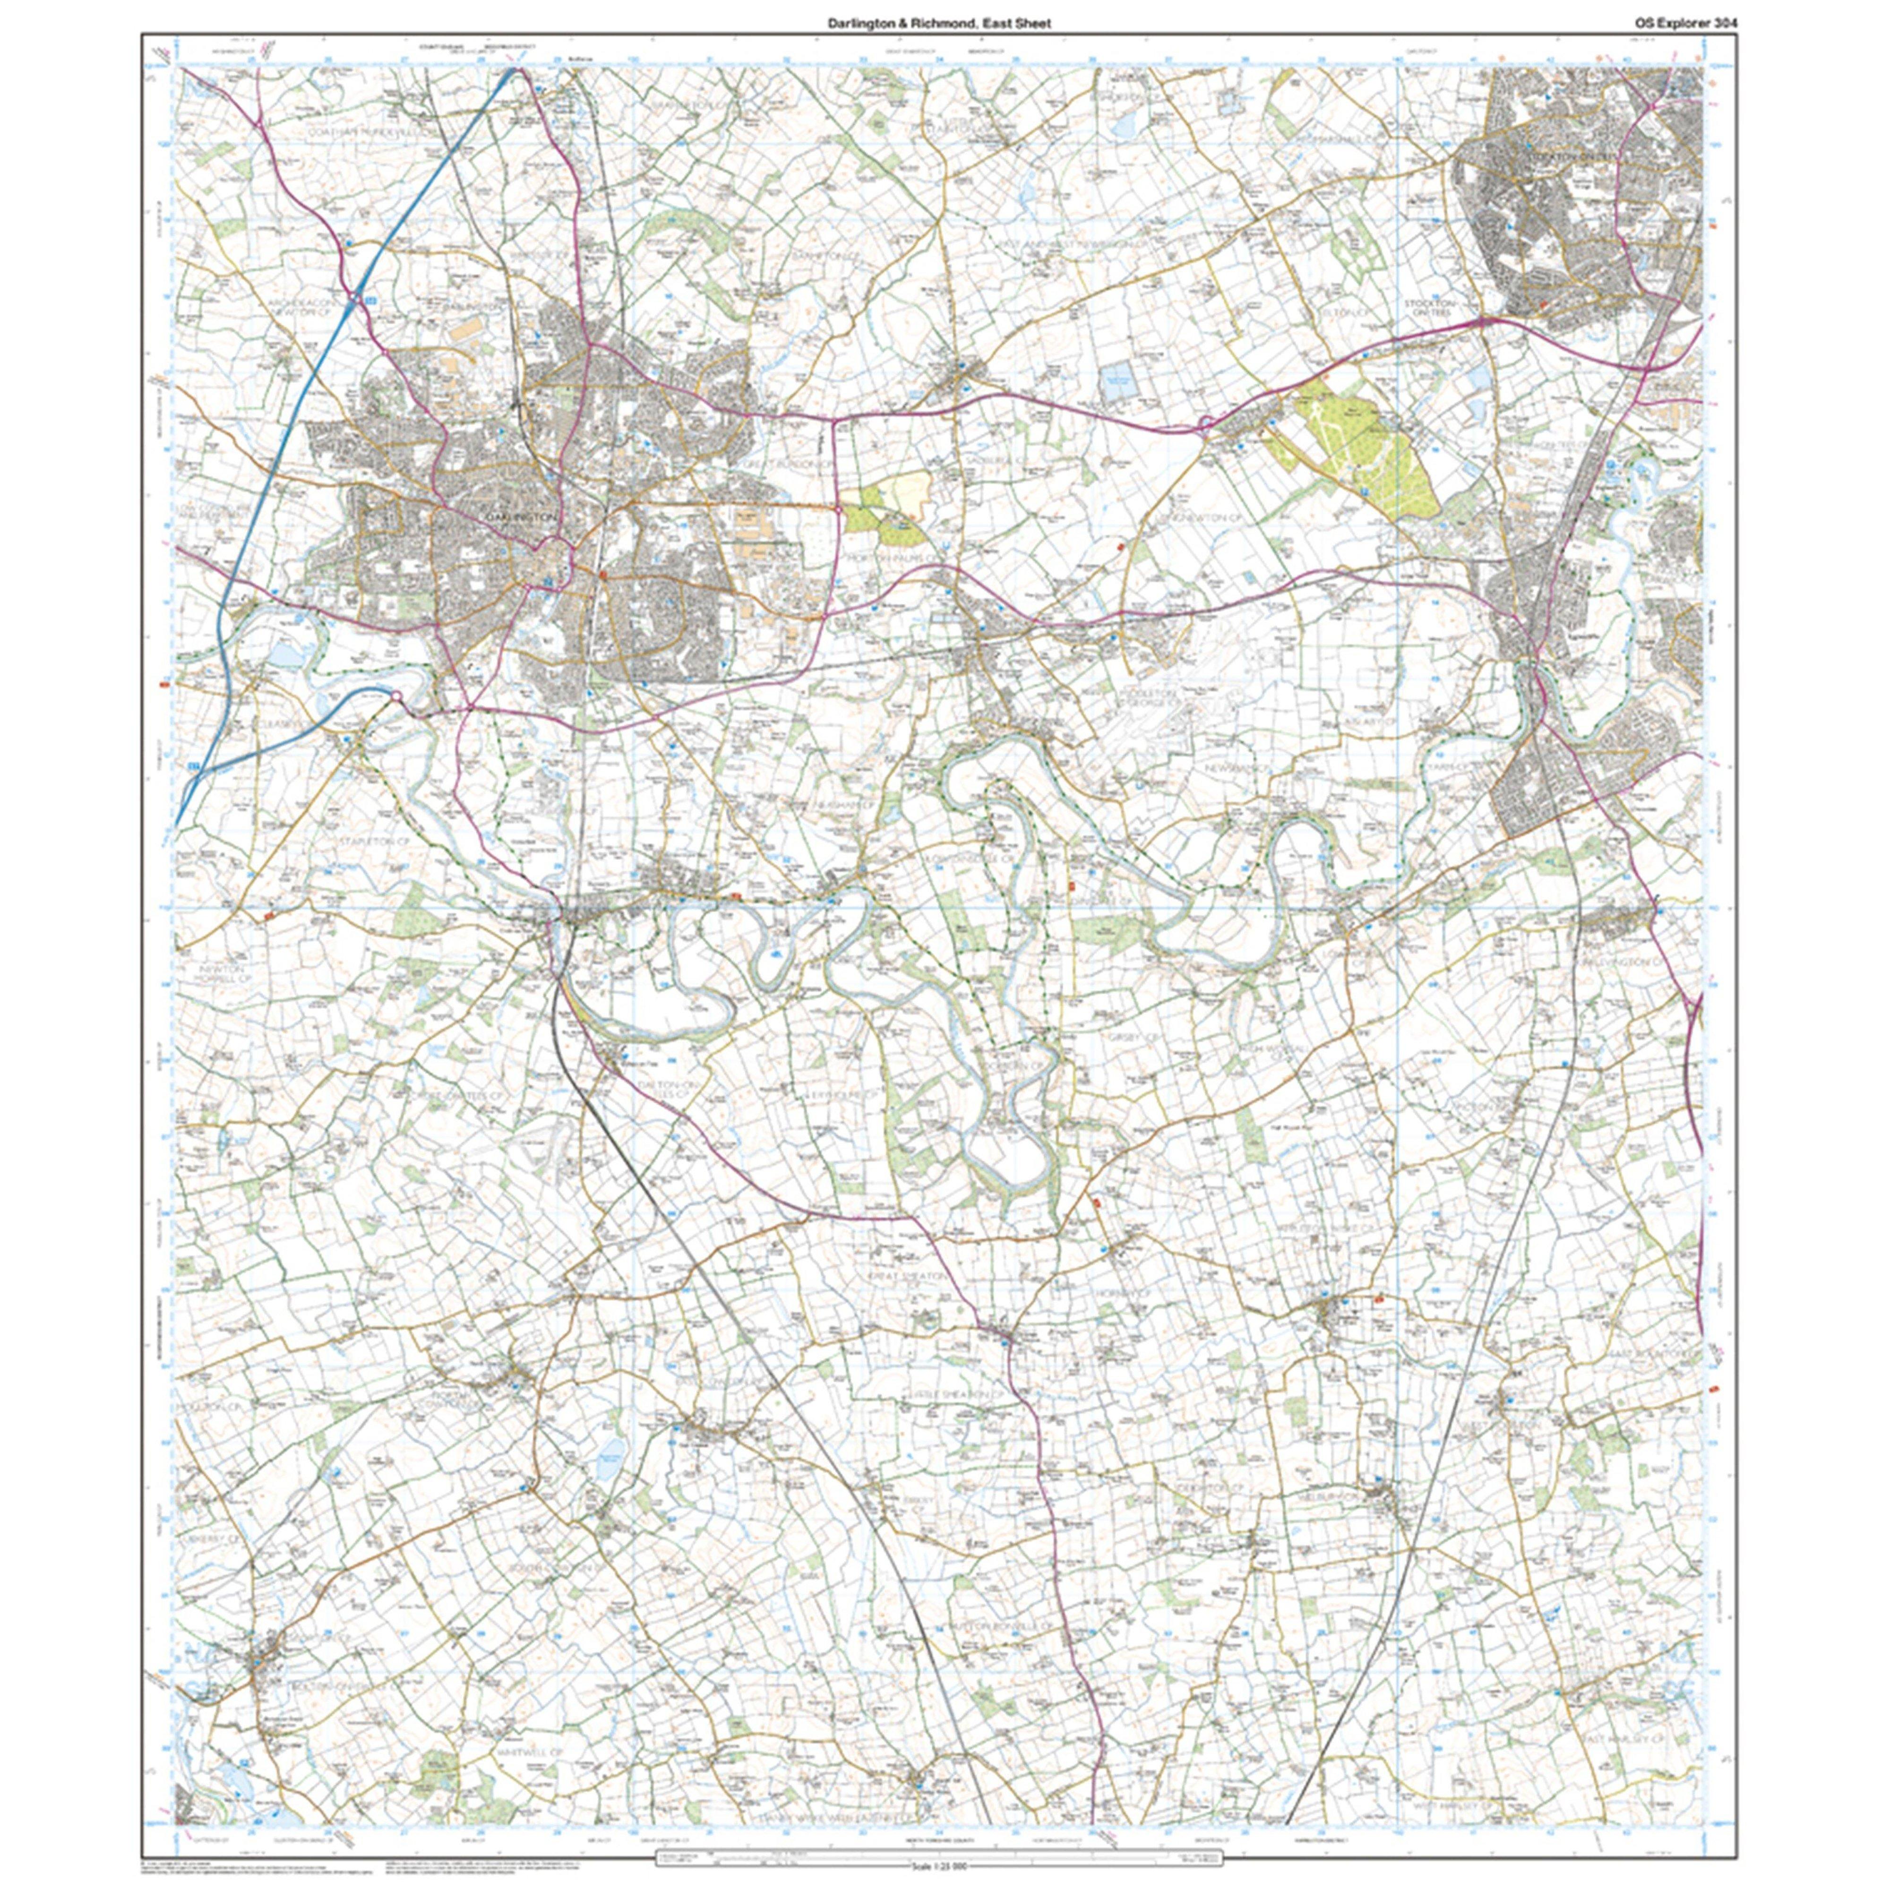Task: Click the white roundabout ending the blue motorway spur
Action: pyautogui.click(x=396, y=696)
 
